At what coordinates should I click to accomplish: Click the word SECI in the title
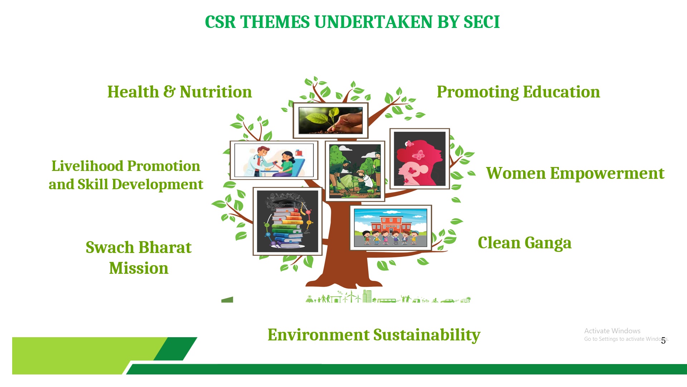(481, 22)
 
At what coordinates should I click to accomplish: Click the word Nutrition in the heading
(216, 92)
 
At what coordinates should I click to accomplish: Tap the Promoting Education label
(518, 92)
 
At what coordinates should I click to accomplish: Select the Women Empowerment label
(575, 173)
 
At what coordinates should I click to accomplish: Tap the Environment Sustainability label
(374, 335)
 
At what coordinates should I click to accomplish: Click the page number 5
(663, 341)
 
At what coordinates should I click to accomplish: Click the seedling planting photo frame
(331, 120)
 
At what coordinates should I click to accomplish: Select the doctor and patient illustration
(274, 160)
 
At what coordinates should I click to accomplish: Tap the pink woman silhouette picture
(420, 159)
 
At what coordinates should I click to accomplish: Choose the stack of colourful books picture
(287, 221)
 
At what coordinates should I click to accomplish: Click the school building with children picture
(391, 228)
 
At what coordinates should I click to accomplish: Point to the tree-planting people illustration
(355, 171)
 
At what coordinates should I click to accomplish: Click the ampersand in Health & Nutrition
(169, 92)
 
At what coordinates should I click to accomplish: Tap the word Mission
(139, 268)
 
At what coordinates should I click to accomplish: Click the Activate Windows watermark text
(612, 331)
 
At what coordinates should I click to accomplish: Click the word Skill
(93, 184)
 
